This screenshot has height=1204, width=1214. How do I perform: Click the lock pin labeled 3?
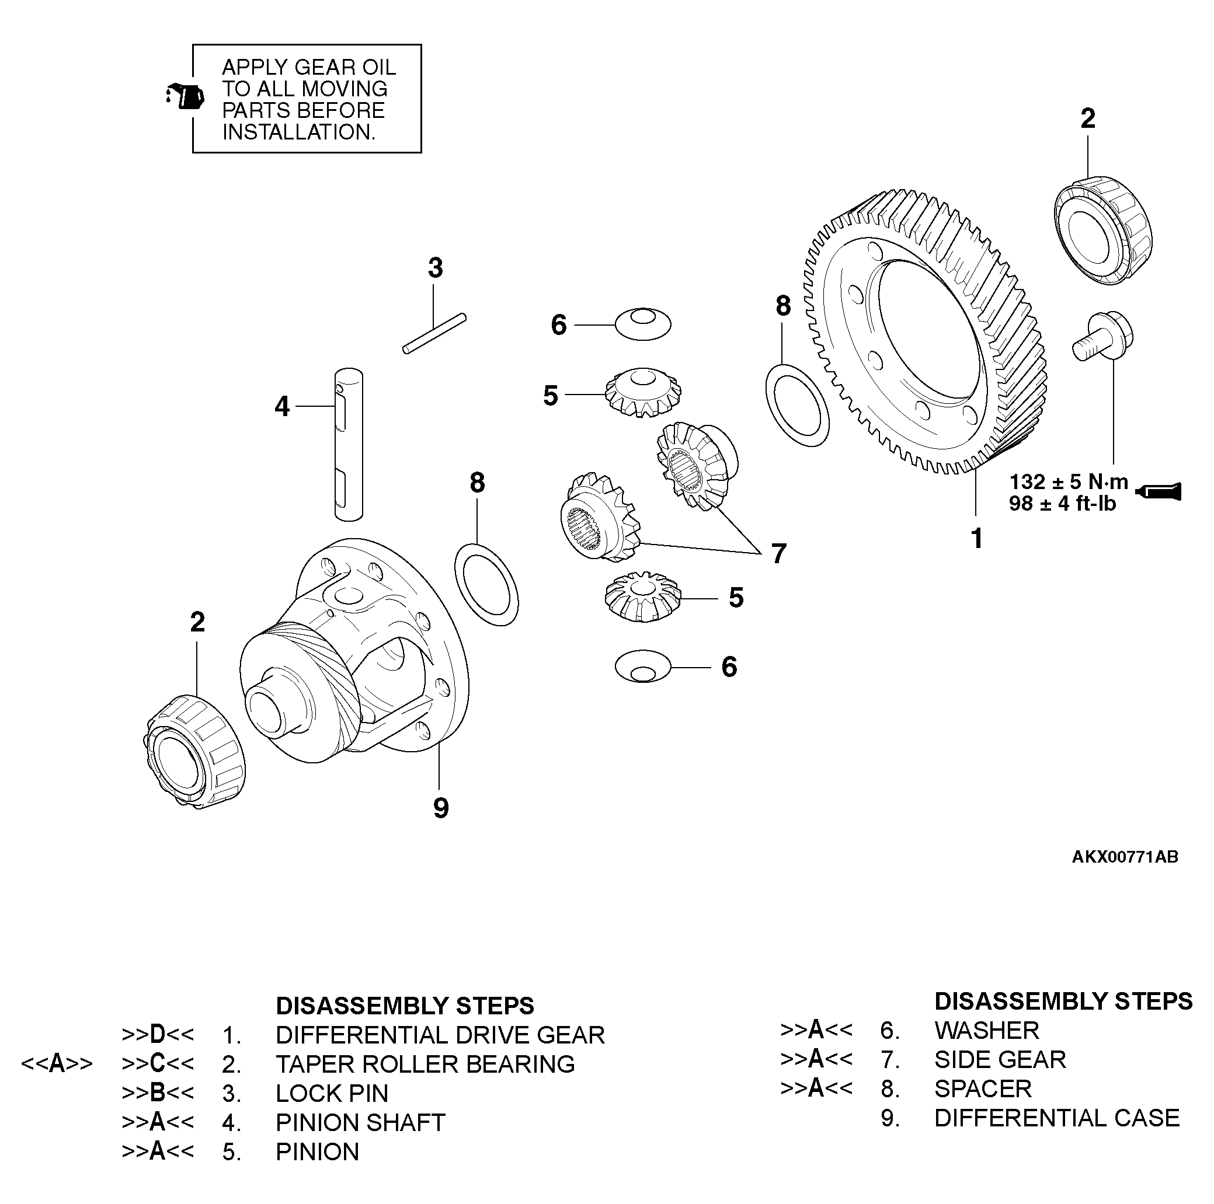tap(434, 333)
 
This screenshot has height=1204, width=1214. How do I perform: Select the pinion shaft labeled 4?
tap(348, 444)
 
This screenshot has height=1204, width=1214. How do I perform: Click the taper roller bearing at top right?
tap(1103, 232)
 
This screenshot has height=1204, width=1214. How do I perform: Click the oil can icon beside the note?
tap(185, 96)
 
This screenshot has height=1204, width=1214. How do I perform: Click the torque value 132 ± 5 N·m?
tap(1068, 482)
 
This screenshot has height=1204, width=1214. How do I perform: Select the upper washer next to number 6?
tap(642, 324)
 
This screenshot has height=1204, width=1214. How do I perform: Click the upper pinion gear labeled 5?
tap(642, 393)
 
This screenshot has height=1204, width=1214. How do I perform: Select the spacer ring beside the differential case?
tap(486, 585)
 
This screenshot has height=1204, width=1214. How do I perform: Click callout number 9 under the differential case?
tap(441, 808)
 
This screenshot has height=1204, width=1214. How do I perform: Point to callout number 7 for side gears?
tap(778, 554)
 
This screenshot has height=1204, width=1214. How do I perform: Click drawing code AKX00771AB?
tap(1125, 857)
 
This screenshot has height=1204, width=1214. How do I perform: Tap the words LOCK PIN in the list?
tap(332, 1094)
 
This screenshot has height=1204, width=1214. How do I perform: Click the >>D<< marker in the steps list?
tap(157, 1034)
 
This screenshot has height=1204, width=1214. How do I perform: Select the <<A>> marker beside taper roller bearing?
tap(57, 1064)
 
